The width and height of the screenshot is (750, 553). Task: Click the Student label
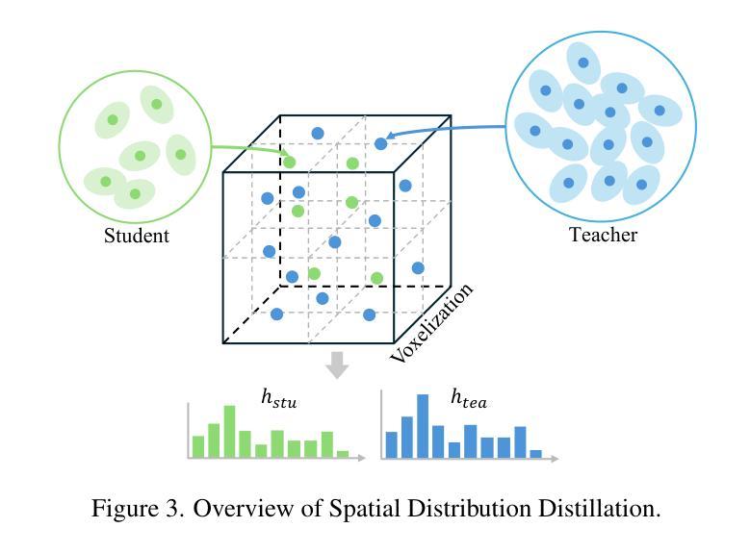pos(137,236)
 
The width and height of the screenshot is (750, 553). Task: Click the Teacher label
pos(603,235)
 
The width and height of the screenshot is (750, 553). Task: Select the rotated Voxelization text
pos(431,322)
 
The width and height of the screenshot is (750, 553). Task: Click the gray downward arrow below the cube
pos(337,365)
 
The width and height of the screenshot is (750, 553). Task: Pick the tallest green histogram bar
pos(229,432)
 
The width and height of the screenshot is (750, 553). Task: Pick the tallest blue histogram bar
pos(423,426)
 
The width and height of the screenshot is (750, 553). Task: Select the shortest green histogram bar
pos(343,454)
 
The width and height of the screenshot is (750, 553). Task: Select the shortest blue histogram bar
pos(536,454)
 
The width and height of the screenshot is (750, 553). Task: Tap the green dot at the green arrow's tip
pos(290,163)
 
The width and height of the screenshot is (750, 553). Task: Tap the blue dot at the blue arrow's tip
pos(380,143)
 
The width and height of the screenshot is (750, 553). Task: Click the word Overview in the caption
pos(244,509)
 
